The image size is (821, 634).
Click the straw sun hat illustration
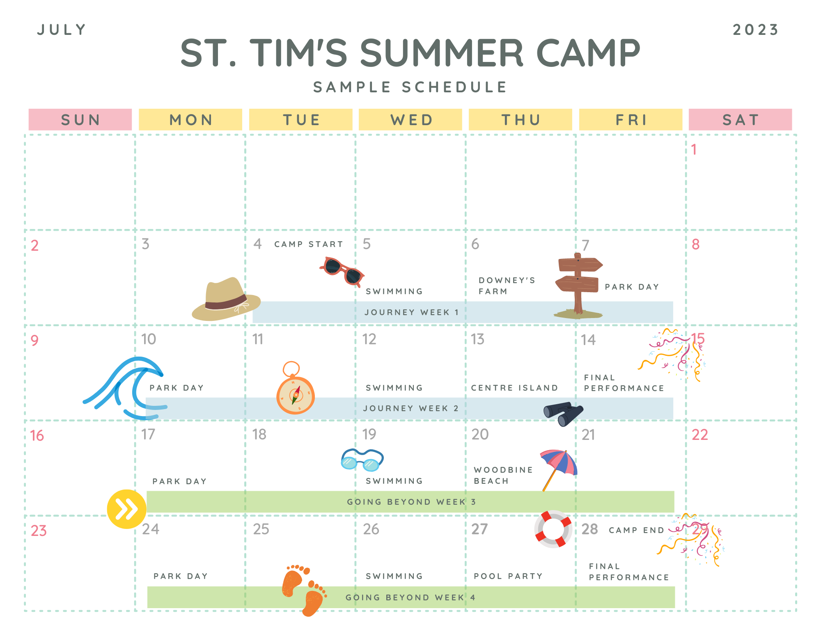point(226,300)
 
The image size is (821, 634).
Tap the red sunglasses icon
point(342,271)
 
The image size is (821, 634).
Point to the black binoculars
point(563,413)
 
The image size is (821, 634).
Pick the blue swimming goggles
point(362,460)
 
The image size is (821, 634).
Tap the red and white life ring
point(553,529)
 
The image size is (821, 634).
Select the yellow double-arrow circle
point(126,509)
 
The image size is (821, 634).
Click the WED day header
point(410,120)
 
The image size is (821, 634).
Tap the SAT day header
point(740,120)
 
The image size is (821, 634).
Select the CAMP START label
point(309,244)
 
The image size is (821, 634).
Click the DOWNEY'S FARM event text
point(507,286)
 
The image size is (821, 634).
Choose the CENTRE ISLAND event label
point(514,388)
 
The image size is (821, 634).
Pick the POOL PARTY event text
point(508,576)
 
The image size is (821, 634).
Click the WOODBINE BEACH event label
point(503,475)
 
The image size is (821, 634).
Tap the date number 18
point(259,435)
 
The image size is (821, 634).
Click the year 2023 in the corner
point(756,30)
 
